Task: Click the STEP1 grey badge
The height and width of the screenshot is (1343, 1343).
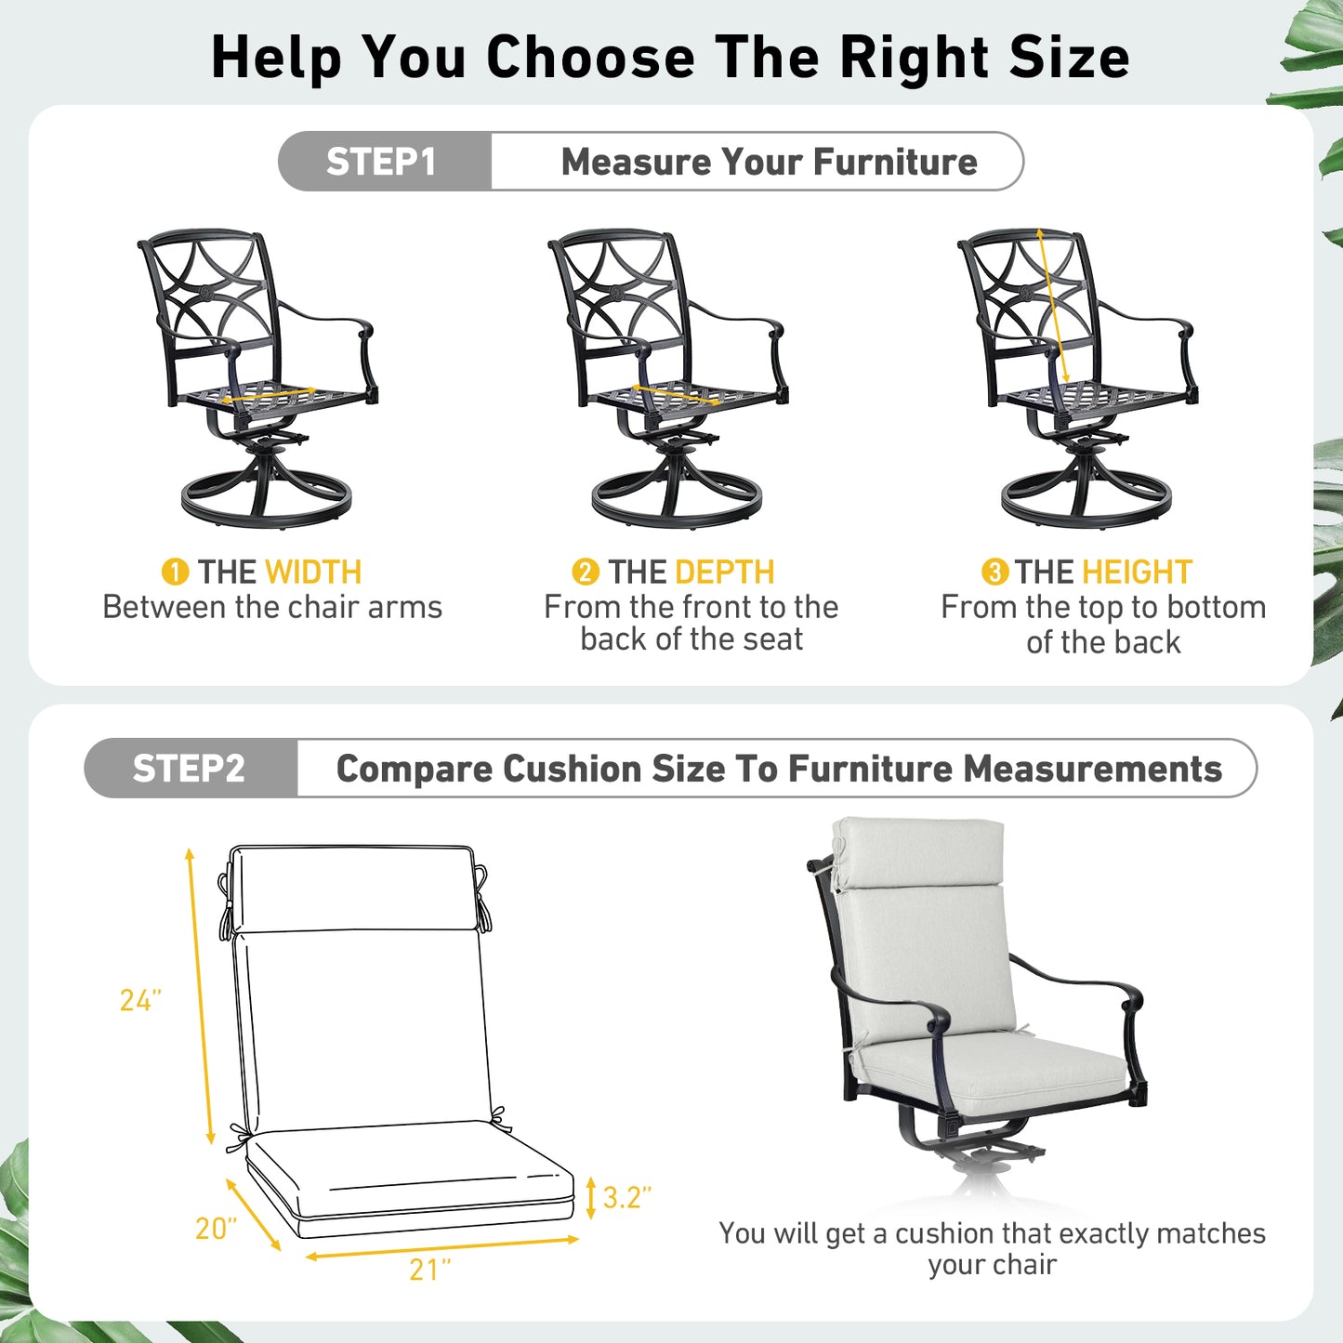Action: click(x=382, y=162)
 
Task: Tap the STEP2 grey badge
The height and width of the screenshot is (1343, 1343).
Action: click(x=190, y=769)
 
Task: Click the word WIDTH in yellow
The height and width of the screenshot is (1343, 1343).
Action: click(x=313, y=572)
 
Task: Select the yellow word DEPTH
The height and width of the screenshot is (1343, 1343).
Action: click(x=724, y=572)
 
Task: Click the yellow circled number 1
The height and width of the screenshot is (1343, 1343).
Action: click(x=175, y=572)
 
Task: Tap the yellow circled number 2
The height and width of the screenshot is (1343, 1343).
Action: click(x=585, y=572)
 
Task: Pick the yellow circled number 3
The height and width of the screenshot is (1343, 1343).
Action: click(x=994, y=572)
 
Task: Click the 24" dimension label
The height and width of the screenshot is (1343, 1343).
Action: click(x=140, y=1000)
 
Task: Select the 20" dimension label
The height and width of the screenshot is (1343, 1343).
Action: click(x=216, y=1229)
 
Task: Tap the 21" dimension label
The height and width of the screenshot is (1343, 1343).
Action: click(x=429, y=1270)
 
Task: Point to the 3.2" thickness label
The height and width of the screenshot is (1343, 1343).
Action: click(x=626, y=1197)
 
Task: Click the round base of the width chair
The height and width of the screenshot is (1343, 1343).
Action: click(x=267, y=501)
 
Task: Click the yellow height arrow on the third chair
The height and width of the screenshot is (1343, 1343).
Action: click(x=1053, y=306)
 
